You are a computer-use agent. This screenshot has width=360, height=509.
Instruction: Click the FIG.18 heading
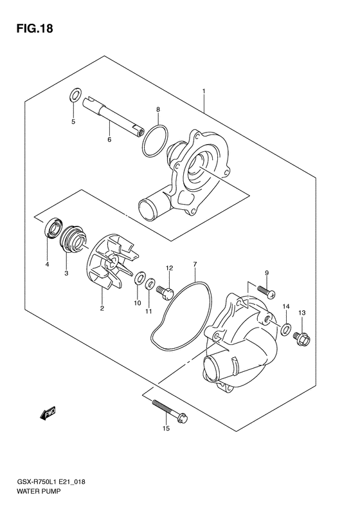(x=34, y=28)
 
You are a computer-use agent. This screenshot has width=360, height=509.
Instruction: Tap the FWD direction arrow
(x=48, y=413)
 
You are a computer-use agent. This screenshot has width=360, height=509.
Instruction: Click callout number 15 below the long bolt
(x=166, y=429)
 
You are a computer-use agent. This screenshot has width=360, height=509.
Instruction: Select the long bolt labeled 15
(x=169, y=411)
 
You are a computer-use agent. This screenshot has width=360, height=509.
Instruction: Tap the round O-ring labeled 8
(x=155, y=140)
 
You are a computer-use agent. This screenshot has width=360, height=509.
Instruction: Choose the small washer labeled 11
(x=150, y=284)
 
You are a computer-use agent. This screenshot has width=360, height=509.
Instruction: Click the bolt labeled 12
(x=165, y=292)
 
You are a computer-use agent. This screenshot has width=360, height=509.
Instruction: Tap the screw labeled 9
(x=267, y=292)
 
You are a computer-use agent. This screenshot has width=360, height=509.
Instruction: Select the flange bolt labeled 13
(x=302, y=338)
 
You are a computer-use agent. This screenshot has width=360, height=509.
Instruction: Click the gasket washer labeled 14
(x=286, y=329)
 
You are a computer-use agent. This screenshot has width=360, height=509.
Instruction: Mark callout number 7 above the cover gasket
(x=195, y=264)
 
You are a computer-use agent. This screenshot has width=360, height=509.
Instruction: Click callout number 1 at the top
(x=204, y=91)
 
